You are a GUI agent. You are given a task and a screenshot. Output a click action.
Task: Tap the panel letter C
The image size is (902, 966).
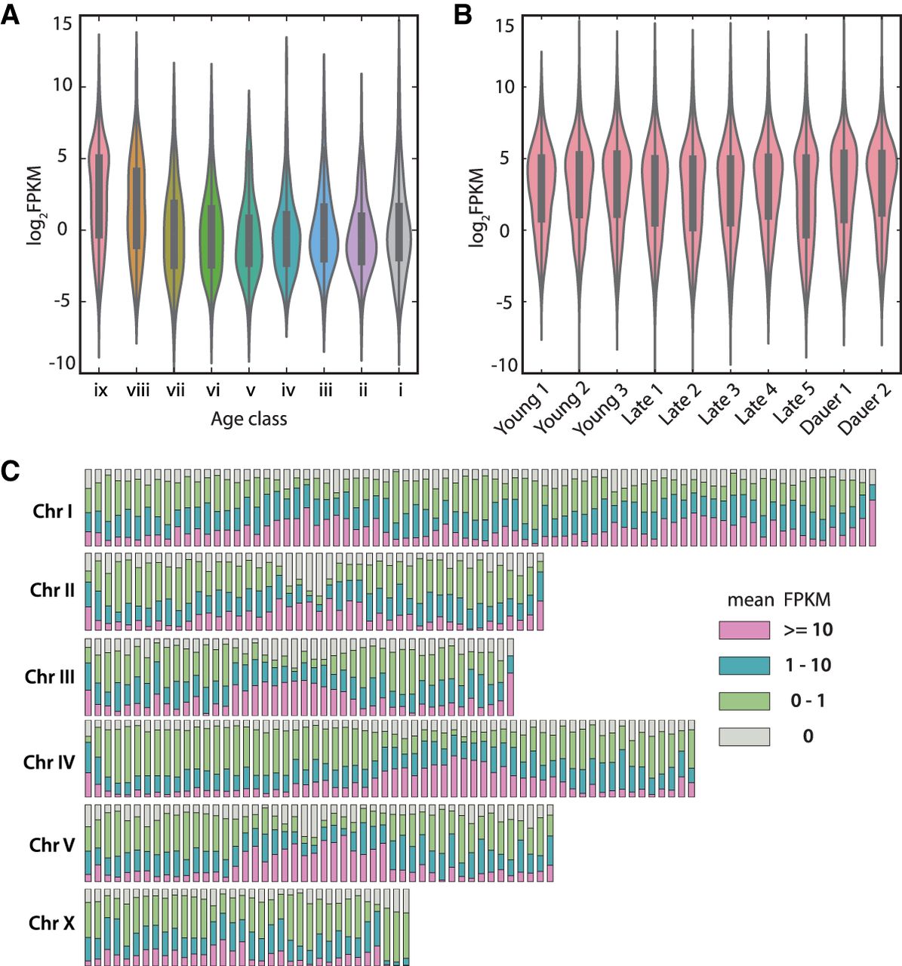click(x=11, y=472)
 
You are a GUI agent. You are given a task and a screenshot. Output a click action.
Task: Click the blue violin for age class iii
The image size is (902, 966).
click(x=324, y=226)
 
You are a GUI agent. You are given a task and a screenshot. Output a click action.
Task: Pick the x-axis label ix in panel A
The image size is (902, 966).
click(x=100, y=391)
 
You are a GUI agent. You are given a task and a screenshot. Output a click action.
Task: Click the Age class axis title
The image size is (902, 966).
click(x=249, y=419)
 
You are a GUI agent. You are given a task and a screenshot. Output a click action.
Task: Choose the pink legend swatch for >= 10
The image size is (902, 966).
click(x=743, y=630)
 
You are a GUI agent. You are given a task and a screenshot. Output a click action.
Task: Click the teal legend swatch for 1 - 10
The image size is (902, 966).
click(x=743, y=665)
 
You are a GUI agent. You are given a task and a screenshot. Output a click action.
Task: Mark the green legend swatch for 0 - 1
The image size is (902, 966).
click(x=743, y=700)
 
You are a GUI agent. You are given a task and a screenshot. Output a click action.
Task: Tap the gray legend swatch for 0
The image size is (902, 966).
click(x=743, y=736)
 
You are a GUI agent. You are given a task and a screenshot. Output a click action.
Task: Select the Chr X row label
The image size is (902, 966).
click(x=52, y=922)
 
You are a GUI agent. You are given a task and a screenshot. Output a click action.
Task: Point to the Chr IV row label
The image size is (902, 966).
click(x=49, y=761)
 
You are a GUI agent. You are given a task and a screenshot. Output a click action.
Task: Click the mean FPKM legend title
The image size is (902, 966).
click(x=778, y=600)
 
